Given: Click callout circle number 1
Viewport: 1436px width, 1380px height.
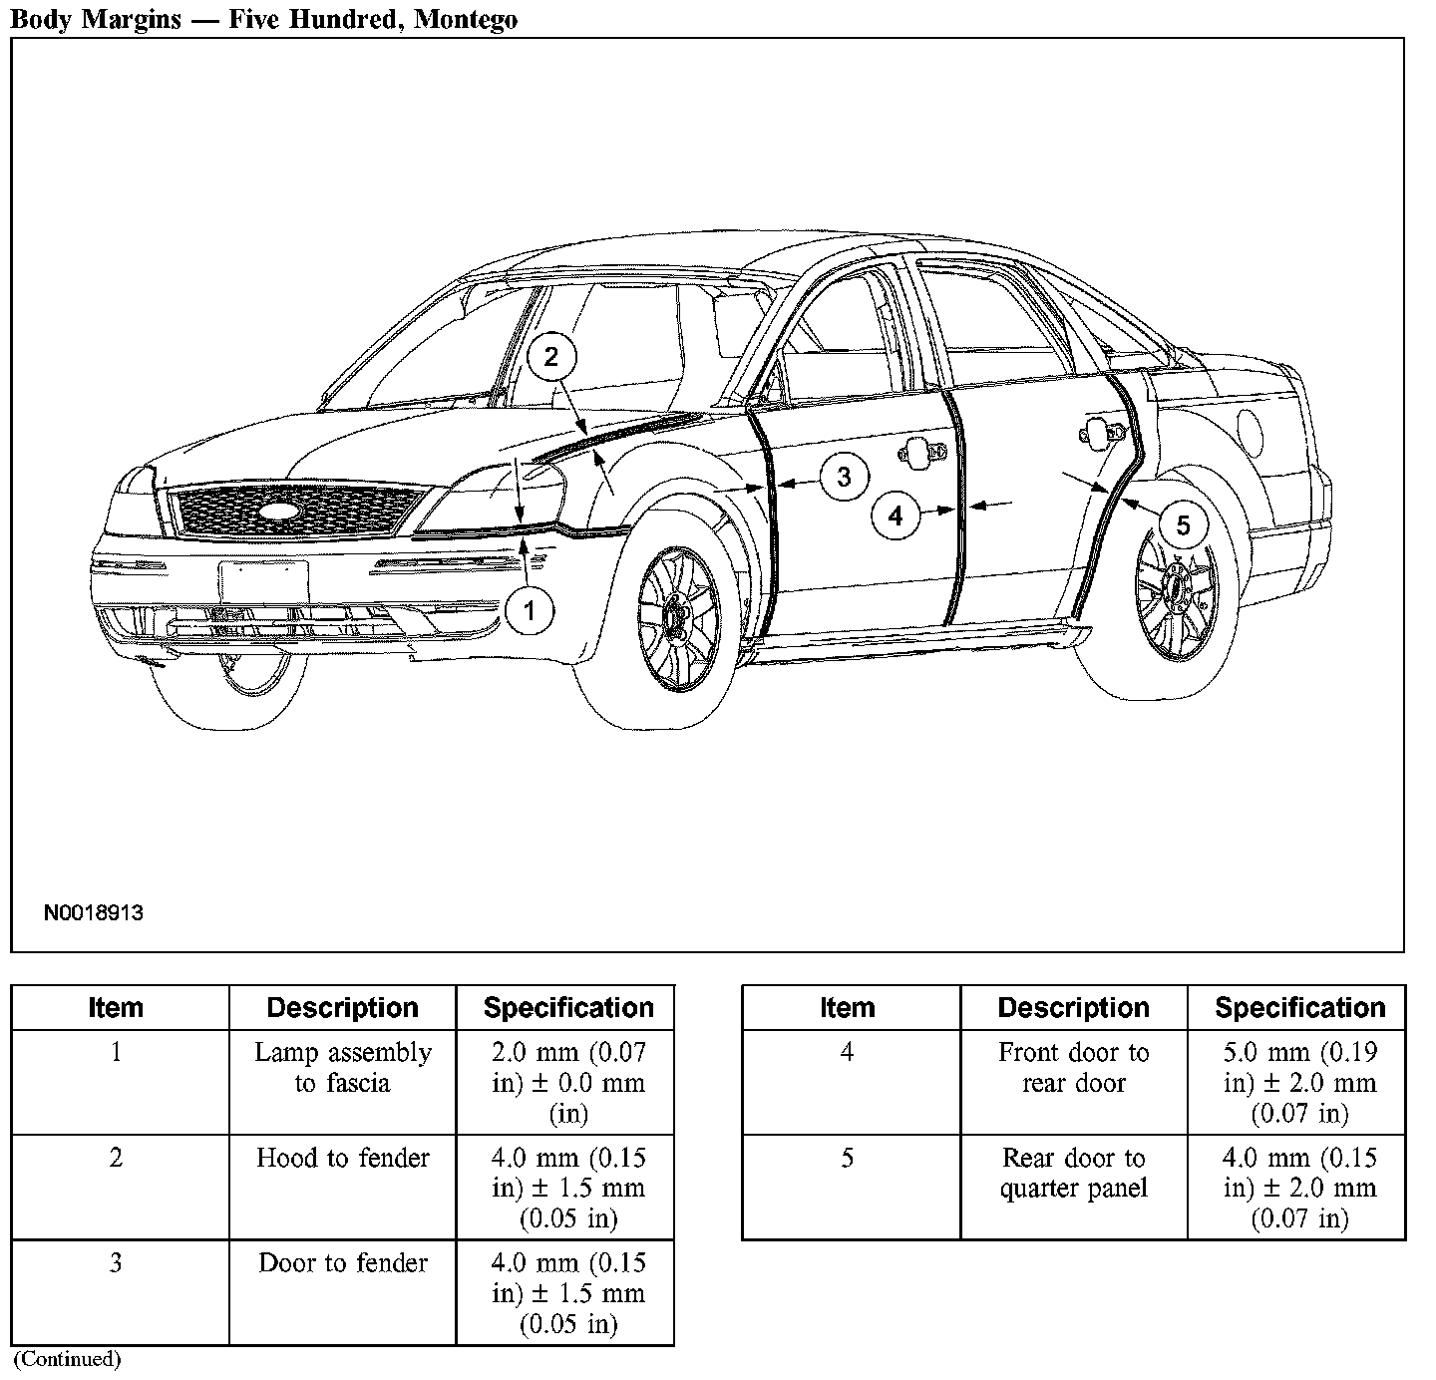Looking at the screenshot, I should (x=530, y=609).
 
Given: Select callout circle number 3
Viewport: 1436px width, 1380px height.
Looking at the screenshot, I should (x=844, y=477).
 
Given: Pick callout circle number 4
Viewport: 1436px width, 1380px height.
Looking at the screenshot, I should (x=896, y=516).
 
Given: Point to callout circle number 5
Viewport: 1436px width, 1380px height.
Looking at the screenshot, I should (x=1183, y=524).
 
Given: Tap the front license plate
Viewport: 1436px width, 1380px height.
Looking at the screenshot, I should (x=263, y=582).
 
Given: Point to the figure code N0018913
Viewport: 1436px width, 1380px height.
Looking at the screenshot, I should (x=93, y=912).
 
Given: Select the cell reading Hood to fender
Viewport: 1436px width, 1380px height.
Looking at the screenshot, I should (x=342, y=1159).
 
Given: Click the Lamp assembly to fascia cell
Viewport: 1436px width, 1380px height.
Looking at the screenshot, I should (x=342, y=1068).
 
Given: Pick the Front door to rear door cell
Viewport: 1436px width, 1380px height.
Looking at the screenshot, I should (x=1073, y=1068).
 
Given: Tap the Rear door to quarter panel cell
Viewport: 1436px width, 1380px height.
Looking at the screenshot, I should (x=1073, y=1174).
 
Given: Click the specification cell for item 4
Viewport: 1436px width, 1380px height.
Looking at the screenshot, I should (x=1298, y=1083).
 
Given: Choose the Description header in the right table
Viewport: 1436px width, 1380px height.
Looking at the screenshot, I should (x=1073, y=1008).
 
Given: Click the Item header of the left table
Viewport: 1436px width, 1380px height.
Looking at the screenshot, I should (x=116, y=1008).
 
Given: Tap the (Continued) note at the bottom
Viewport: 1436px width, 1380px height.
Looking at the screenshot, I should (x=67, y=1359).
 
